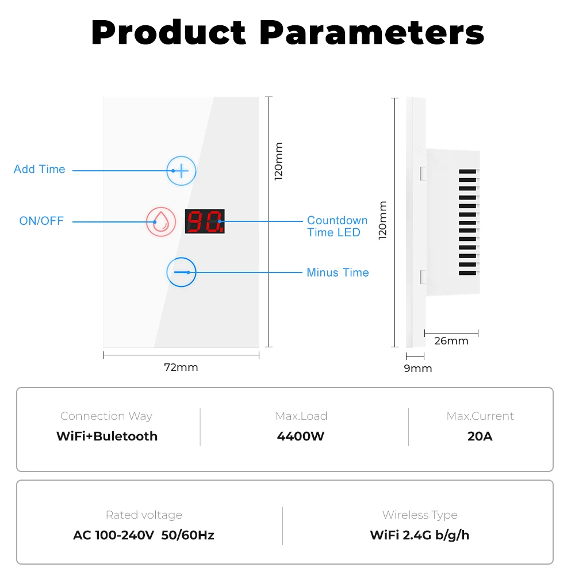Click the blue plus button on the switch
pos(181,171)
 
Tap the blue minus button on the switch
pos(181,272)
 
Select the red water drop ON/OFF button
pos(161,222)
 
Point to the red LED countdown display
pos(205,221)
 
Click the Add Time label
pos(40,169)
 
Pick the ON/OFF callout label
pos(41,221)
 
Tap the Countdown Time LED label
pos(337,227)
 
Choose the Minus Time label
pos(338,273)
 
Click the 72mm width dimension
pos(181,367)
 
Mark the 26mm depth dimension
pos(451,341)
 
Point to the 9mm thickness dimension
pos(418,369)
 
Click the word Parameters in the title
pos(371,33)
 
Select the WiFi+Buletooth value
pos(107,436)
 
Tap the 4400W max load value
pos(301,436)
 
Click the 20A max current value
pos(480,436)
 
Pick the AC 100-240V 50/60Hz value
pos(144,535)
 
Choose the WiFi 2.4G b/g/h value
pos(420,535)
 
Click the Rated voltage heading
pos(144,515)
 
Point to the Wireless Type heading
pos(420,515)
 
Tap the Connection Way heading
pos(106,416)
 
